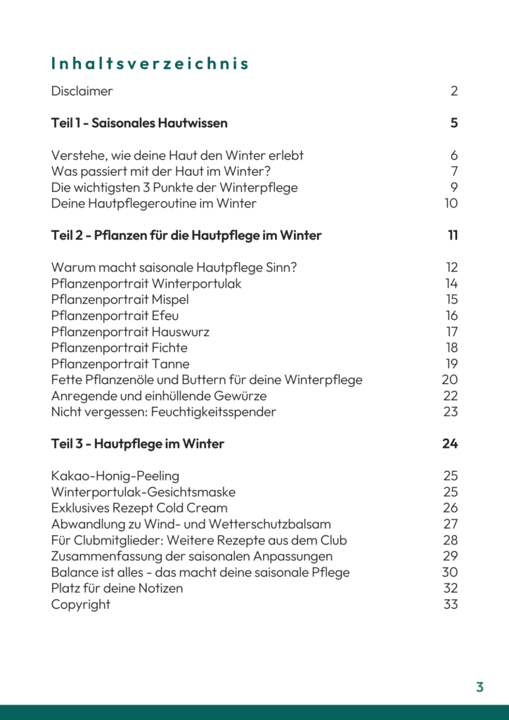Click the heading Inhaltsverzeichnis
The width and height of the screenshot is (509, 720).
150,64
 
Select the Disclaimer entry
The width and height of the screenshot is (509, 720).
82,91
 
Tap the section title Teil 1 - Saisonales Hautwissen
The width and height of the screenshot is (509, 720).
139,123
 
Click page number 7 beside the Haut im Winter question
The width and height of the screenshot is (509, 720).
454,172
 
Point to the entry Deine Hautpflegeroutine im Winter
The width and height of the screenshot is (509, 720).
153,204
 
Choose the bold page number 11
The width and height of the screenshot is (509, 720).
453,236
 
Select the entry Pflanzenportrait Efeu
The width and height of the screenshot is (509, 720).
115,316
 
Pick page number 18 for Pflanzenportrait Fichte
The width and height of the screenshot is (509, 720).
451,348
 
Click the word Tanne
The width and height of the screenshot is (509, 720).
170,364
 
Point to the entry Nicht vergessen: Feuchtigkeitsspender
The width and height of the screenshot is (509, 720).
163,412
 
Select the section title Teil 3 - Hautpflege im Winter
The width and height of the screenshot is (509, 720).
138,444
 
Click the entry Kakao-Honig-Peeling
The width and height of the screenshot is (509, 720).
115,476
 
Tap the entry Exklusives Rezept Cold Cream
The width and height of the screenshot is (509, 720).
139,508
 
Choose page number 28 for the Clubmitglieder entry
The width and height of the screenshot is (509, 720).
451,540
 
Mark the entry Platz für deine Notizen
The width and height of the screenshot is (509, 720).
117,589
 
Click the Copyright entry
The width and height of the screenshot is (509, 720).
80,605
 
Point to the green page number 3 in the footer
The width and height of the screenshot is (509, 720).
479,687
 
